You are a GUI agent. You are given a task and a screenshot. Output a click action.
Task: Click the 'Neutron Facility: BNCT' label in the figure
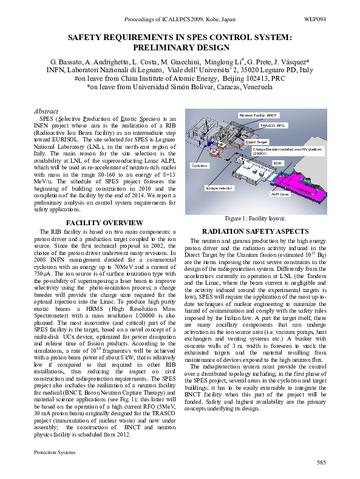(x=259, y=115)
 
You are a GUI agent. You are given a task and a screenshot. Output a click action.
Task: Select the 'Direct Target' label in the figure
(x=257, y=141)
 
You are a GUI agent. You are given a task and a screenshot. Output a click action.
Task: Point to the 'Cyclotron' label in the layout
(x=200, y=165)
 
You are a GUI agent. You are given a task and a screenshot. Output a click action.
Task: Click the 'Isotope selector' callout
(x=219, y=189)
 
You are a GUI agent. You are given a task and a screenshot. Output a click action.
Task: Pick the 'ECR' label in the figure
(x=277, y=163)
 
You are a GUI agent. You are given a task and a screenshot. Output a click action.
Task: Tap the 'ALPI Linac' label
(x=280, y=194)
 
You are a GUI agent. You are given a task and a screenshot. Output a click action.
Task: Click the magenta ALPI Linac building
(x=304, y=182)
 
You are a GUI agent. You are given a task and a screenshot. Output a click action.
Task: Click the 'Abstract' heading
(x=46, y=112)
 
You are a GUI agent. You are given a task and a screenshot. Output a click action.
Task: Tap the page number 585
(x=321, y=464)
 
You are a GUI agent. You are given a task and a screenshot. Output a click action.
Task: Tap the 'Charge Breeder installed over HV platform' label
(x=287, y=150)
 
